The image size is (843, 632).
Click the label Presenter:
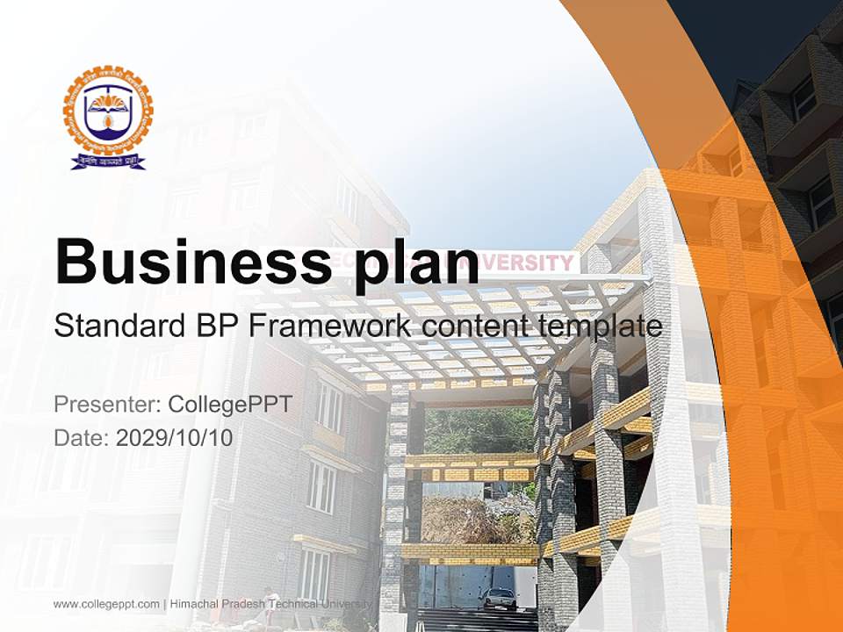coord(106,405)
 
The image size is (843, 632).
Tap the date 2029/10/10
coord(175,438)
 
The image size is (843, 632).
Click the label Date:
coord(82,438)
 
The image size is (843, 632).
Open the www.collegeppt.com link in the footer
coord(106,604)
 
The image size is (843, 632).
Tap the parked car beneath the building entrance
coord(498,598)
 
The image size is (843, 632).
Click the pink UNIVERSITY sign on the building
coord(530,262)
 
